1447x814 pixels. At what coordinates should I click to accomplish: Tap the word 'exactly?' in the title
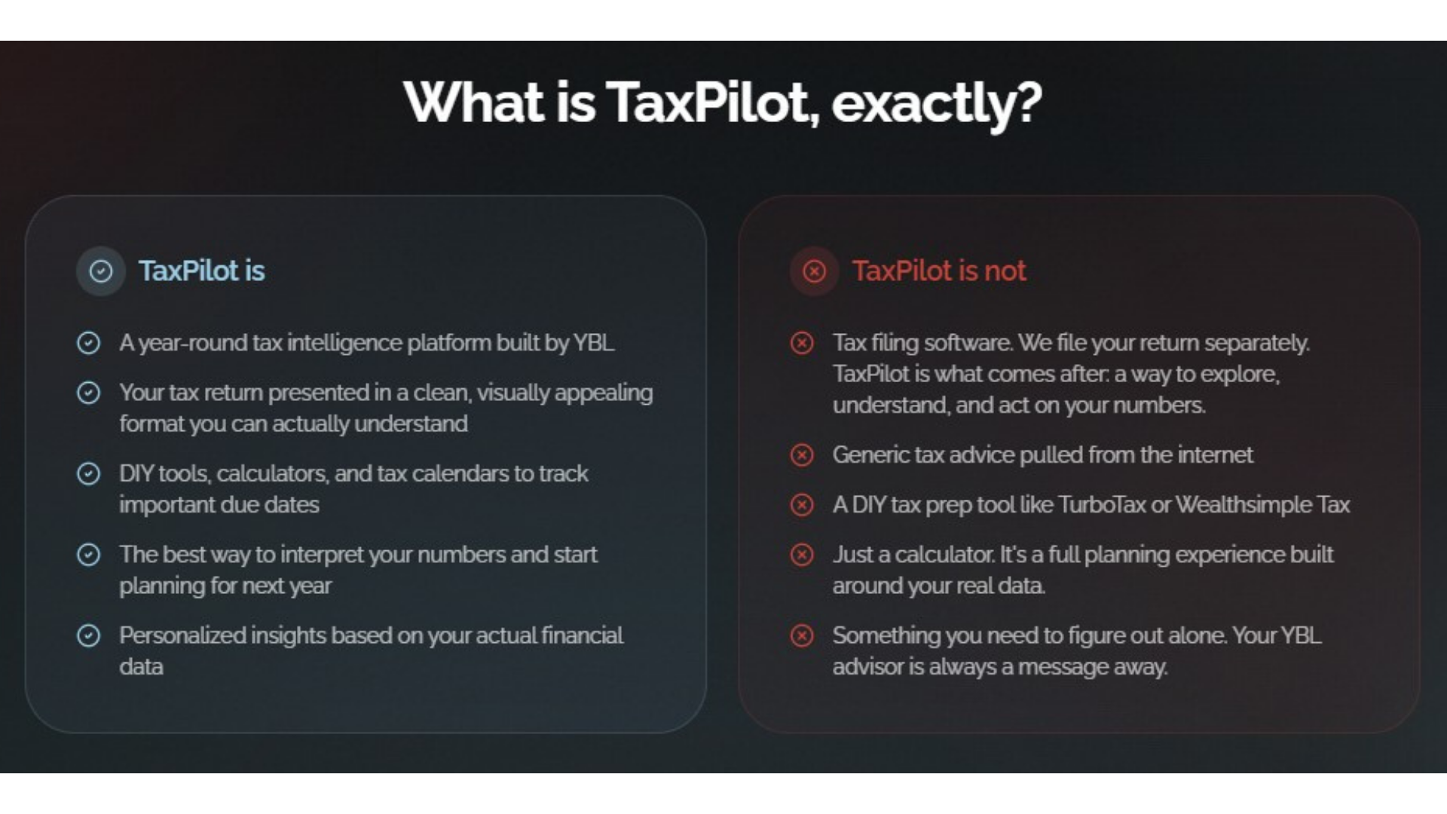937,105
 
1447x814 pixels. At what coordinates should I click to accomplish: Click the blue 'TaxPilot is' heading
201,271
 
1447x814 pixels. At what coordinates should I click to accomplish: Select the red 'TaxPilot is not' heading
939,271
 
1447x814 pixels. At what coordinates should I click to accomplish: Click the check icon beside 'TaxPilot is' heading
101,271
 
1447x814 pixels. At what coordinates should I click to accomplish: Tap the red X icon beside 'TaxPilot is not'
814,271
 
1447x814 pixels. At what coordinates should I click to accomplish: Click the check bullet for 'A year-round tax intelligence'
89,343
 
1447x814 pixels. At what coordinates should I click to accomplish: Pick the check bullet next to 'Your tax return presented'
89,393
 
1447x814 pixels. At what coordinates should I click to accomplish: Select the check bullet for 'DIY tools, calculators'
89,473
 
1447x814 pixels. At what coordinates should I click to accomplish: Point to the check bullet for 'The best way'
89,555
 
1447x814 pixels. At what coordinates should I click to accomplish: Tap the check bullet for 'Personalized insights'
89,635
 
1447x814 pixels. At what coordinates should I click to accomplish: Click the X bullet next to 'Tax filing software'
802,343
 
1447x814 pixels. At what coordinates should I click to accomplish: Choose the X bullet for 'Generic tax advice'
802,454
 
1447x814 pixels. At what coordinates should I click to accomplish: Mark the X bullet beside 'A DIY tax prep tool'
802,504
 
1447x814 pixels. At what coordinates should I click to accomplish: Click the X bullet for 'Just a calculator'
802,555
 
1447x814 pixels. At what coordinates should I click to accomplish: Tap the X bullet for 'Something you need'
802,635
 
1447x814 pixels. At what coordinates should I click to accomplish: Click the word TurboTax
1102,504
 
